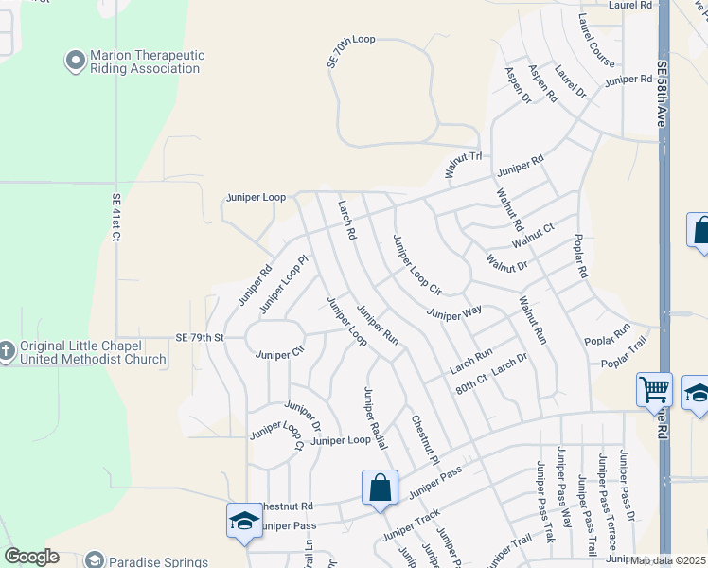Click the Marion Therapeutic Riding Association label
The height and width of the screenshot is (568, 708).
click(x=147, y=62)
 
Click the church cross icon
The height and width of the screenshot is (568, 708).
click(x=7, y=351)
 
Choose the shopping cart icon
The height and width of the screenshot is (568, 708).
click(x=654, y=389)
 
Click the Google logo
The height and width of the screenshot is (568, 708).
click(x=31, y=557)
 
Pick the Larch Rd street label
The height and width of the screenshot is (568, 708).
click(x=346, y=219)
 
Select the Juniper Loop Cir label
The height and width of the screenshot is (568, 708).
click(x=417, y=262)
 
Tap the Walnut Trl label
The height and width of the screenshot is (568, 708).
click(x=464, y=166)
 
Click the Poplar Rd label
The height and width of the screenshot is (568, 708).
click(x=581, y=256)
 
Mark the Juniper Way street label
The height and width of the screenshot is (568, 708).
click(x=454, y=312)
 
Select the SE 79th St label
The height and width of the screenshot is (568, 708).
click(x=199, y=337)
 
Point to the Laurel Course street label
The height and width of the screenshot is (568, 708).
click(x=595, y=41)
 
